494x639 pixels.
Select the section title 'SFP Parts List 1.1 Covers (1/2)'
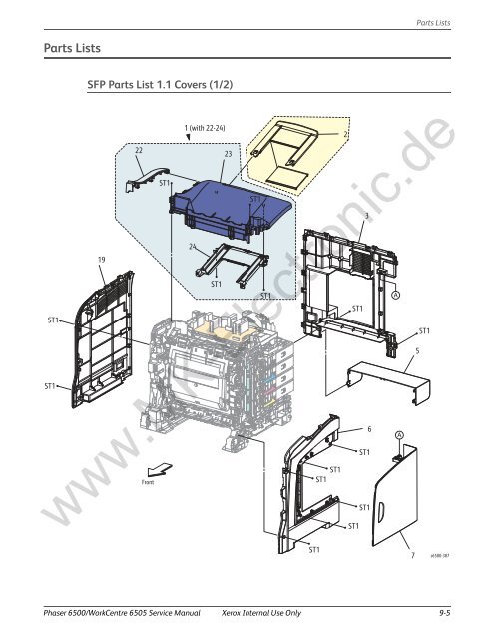click(x=160, y=84)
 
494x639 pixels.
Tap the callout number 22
click(x=139, y=149)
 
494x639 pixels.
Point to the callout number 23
click(x=228, y=154)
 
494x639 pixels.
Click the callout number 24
click(x=192, y=246)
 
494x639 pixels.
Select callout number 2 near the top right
click(x=344, y=134)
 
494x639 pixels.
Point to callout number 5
click(x=417, y=350)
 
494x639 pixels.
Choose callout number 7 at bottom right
click(x=412, y=569)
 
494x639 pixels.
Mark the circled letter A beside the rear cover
click(x=396, y=295)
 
